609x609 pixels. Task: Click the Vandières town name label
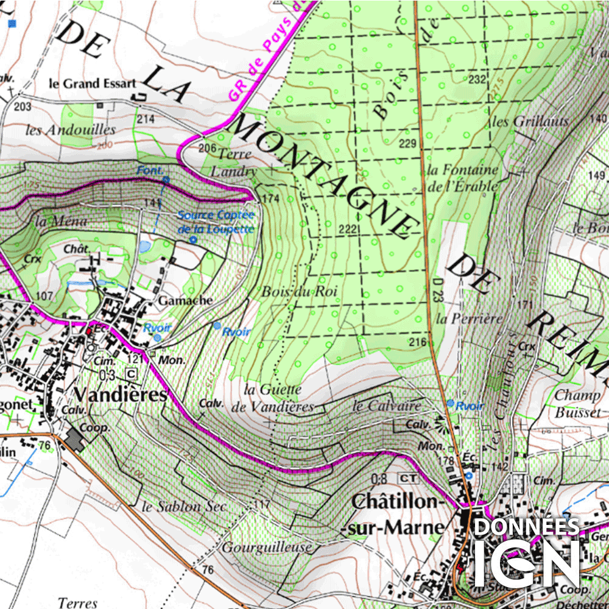click(121, 395)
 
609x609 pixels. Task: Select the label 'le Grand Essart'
click(92, 83)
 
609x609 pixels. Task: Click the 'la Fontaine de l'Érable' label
click(463, 178)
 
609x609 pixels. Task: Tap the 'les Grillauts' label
click(530, 121)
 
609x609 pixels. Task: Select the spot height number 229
click(407, 144)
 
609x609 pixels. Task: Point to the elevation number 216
click(417, 342)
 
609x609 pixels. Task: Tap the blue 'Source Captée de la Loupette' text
click(216, 222)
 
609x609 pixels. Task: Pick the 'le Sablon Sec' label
click(183, 507)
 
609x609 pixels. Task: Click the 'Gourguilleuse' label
click(266, 547)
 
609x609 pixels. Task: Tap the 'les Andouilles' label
click(71, 130)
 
